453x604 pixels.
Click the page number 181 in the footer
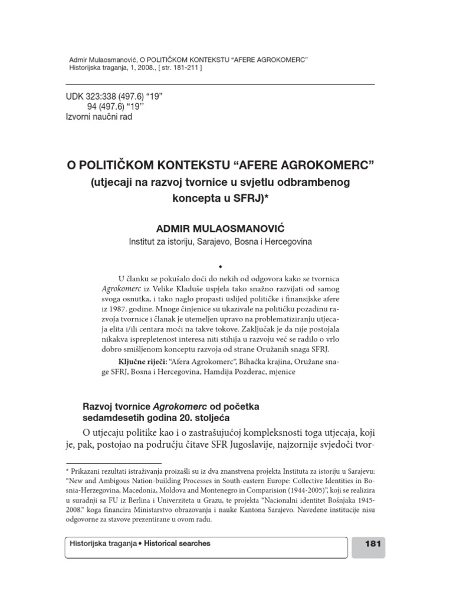coord(373,544)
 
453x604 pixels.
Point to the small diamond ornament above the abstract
coord(227,266)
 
